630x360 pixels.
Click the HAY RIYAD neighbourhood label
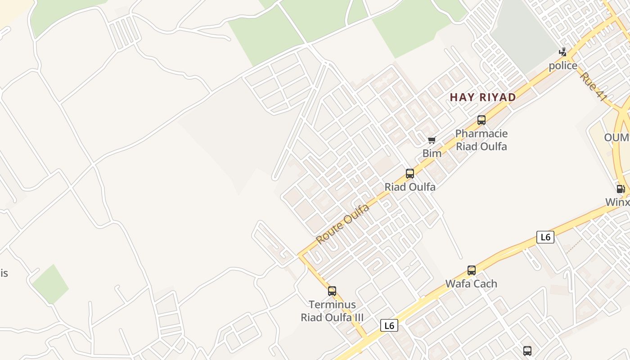click(x=482, y=97)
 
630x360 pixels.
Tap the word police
click(x=562, y=66)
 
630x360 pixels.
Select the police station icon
click(x=562, y=53)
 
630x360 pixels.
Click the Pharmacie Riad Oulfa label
click(x=481, y=140)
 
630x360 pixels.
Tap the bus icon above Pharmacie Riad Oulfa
click(x=481, y=120)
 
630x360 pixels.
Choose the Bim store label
click(x=432, y=153)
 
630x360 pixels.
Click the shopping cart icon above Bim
click(x=432, y=140)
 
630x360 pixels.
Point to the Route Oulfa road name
click(x=342, y=224)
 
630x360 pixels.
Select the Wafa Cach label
click(x=471, y=283)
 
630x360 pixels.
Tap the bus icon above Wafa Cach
click(x=471, y=270)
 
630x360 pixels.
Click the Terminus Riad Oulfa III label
click(x=332, y=311)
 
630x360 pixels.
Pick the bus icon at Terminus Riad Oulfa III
click(x=332, y=291)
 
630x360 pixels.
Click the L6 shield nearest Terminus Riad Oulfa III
click(x=389, y=325)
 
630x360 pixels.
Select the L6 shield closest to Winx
click(x=545, y=237)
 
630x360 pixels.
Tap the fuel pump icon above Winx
click(x=621, y=189)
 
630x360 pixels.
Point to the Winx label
click(x=617, y=202)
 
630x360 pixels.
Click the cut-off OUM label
click(x=616, y=137)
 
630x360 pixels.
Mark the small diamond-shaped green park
click(x=50, y=284)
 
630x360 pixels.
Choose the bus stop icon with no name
click(x=527, y=351)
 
